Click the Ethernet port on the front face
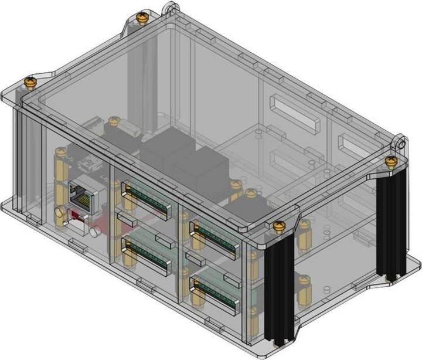81,195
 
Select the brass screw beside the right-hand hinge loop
389,159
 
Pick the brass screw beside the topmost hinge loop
141,18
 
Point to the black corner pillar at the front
279,287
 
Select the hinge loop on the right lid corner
400,142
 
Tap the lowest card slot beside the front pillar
214,291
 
